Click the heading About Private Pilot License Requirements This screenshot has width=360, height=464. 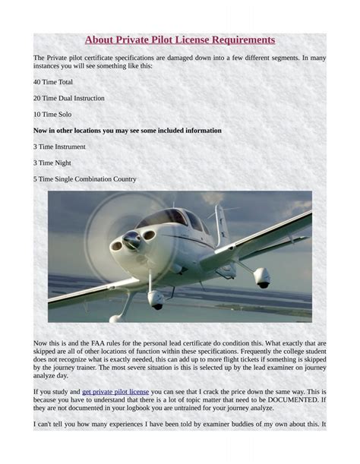(x=180, y=39)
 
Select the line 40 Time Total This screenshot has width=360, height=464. (x=53, y=82)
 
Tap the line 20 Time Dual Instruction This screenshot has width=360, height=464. (x=68, y=98)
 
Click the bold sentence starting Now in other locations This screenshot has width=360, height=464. (x=128, y=131)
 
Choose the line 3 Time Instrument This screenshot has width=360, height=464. (x=59, y=147)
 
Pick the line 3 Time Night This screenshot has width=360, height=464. (x=51, y=163)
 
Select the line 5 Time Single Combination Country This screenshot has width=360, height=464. (x=84, y=179)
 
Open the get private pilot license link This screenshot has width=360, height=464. (x=115, y=392)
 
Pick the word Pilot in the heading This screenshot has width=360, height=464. (x=156, y=39)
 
